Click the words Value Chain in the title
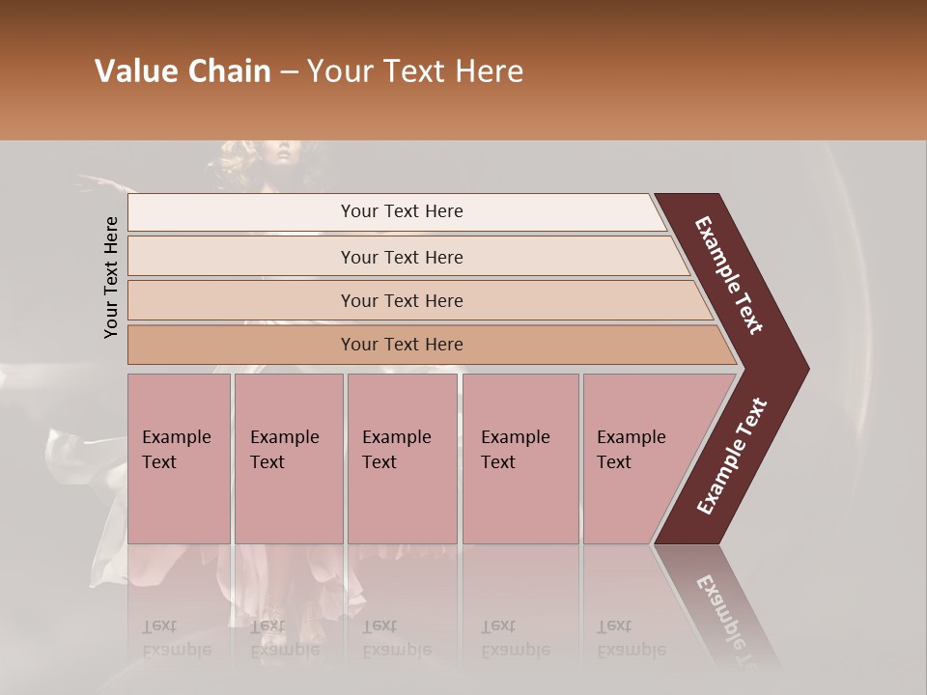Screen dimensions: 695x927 click(183, 71)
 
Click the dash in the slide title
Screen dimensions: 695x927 click(289, 72)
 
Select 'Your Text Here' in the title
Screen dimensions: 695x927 click(415, 71)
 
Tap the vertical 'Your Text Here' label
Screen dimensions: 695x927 click(111, 277)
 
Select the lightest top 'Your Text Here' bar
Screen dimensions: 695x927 click(401, 211)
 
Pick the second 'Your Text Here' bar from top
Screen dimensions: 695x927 click(401, 257)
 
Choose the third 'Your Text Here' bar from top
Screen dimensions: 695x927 click(401, 300)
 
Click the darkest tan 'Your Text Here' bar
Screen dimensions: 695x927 click(401, 345)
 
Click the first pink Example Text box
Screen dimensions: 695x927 click(179, 459)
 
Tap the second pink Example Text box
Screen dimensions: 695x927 click(288, 459)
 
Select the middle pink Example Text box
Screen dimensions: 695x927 click(402, 459)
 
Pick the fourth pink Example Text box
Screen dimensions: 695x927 click(520, 459)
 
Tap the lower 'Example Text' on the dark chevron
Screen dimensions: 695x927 click(732, 457)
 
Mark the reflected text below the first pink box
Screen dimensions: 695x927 click(176, 638)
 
